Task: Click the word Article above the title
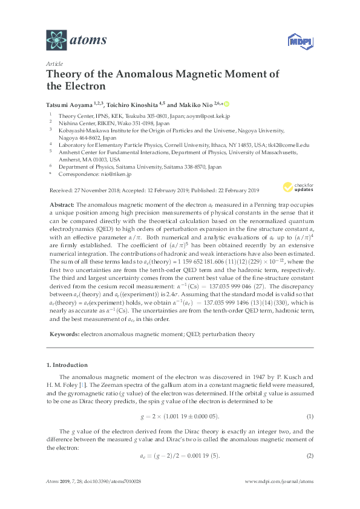(x=54, y=63)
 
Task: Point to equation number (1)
(x=309, y=417)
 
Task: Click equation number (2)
(x=309, y=455)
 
